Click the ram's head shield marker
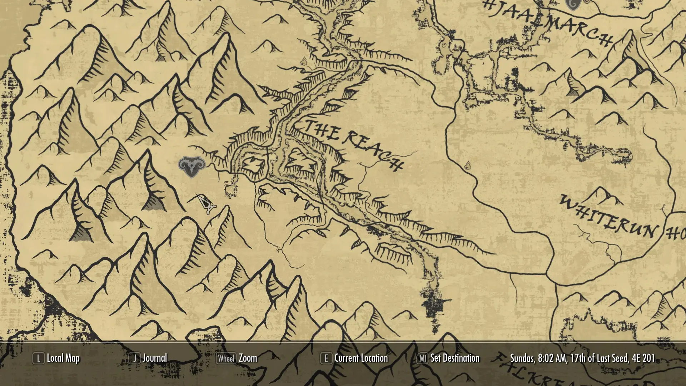click(192, 167)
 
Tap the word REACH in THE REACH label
click(375, 150)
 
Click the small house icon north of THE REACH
click(304, 61)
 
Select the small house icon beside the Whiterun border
click(468, 165)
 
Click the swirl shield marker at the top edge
click(572, 5)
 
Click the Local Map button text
click(63, 358)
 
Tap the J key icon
click(135, 358)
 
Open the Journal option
click(155, 358)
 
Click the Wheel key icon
click(226, 358)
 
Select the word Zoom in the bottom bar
click(248, 358)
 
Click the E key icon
click(325, 358)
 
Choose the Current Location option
click(361, 358)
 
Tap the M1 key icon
click(423, 358)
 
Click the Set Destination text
click(455, 358)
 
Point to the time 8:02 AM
click(552, 358)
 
